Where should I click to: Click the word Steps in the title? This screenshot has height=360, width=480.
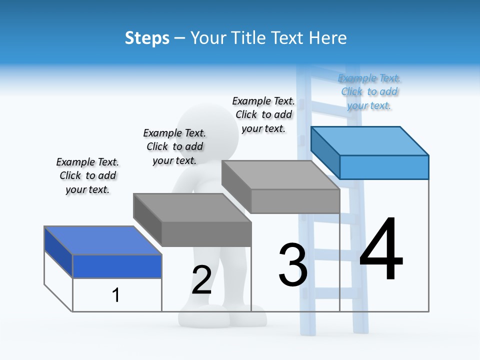(147, 38)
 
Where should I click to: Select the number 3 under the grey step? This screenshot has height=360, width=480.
(292, 265)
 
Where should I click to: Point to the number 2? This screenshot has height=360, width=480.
(201, 280)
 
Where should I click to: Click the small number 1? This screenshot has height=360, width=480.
(115, 295)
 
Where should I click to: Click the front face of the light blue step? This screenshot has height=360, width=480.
(384, 167)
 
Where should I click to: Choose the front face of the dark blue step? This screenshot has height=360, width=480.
(117, 266)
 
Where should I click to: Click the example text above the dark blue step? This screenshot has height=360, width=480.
(87, 175)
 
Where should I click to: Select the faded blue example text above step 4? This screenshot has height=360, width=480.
(369, 92)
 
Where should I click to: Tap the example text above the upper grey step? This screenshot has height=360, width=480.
(263, 114)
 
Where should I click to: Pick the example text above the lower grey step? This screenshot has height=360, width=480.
(174, 146)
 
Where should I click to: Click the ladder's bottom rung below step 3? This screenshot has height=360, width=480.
(327, 292)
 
